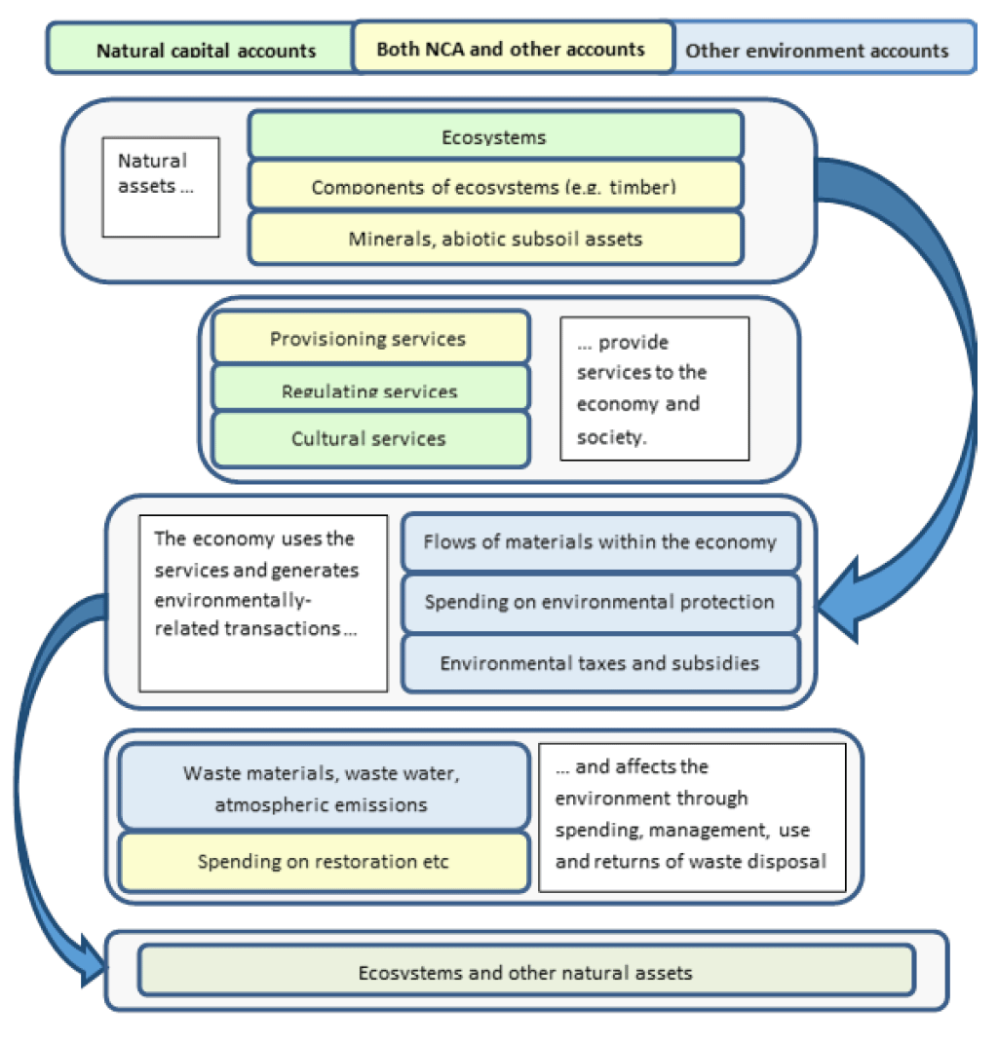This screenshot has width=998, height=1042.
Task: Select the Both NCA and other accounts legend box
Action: [512, 48]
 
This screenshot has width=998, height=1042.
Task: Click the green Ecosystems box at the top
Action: [495, 135]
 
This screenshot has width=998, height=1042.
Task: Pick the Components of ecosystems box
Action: [495, 185]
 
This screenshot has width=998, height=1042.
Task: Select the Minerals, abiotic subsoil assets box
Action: [495, 238]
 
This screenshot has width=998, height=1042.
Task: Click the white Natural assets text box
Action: [161, 187]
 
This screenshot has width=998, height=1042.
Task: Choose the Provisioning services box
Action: [369, 338]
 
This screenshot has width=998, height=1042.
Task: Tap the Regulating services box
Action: [369, 389]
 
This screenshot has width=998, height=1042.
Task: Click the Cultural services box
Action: [369, 439]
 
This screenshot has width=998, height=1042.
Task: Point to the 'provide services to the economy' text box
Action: [654, 388]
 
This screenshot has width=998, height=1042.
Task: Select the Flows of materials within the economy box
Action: [600, 541]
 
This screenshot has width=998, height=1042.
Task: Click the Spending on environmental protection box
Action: [600, 602]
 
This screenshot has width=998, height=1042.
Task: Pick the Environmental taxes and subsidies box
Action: [600, 662]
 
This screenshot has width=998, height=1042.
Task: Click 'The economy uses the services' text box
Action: [263, 603]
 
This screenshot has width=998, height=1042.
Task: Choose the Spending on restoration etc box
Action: [323, 861]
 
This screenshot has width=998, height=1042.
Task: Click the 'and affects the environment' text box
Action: [692, 817]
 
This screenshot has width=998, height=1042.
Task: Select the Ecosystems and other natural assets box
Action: [526, 971]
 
